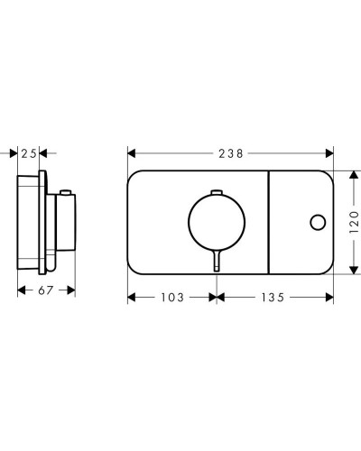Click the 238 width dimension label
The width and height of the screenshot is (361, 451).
pyautogui.click(x=230, y=153)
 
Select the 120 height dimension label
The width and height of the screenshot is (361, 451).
pyautogui.click(x=355, y=223)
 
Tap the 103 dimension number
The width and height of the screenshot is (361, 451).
pyautogui.click(x=172, y=298)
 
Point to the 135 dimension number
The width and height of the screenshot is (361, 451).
pyautogui.click(x=273, y=298)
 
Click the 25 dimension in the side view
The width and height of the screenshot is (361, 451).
pyautogui.click(x=29, y=153)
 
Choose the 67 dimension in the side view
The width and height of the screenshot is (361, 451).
pyautogui.click(x=46, y=290)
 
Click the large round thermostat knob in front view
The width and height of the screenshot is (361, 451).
pyautogui.click(x=217, y=223)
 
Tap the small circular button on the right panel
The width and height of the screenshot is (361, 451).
pyautogui.click(x=318, y=223)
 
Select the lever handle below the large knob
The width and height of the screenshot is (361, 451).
pyautogui.click(x=217, y=261)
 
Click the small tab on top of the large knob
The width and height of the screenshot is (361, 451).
pyautogui.click(x=217, y=192)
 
